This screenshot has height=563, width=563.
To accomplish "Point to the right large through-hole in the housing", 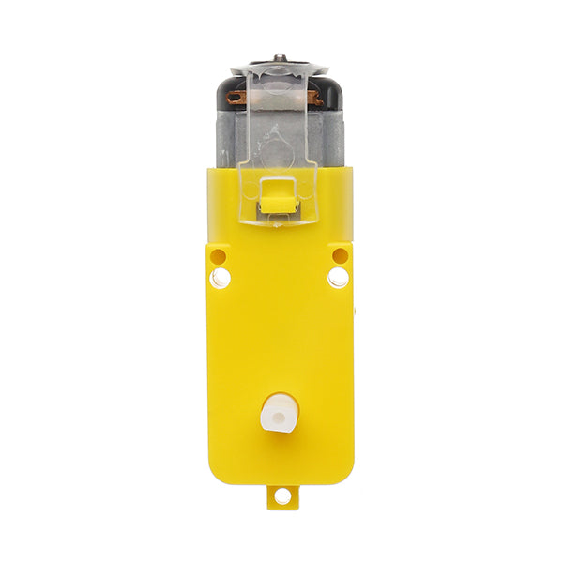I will (x=338, y=278).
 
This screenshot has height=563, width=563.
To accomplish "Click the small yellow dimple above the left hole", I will (x=219, y=255).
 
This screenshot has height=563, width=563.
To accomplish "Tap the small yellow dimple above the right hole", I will (x=340, y=255).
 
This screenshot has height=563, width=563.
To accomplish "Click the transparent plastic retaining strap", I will (x=280, y=131).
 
